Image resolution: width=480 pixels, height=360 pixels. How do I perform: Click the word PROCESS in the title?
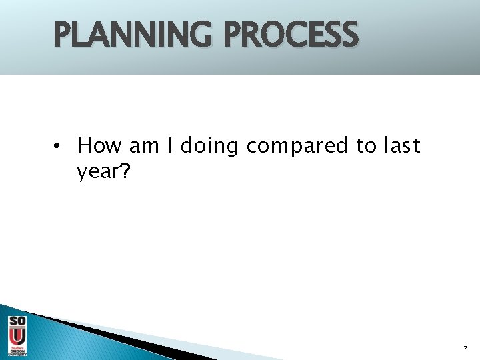(x=291, y=35)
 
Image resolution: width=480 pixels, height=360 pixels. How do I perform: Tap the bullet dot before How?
(x=59, y=146)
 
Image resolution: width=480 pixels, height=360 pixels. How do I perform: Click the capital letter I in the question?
(x=170, y=145)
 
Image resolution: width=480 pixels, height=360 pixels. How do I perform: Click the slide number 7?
(x=465, y=348)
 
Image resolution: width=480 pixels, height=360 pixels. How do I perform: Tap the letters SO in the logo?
(x=17, y=322)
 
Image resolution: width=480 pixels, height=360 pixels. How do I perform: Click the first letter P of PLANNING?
(x=65, y=35)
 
